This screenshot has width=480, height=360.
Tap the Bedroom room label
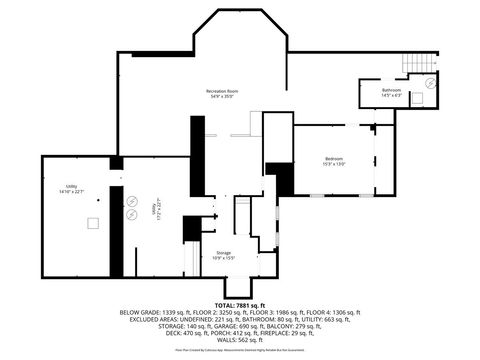tap(334, 162)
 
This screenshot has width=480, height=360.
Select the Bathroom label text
tap(391, 92)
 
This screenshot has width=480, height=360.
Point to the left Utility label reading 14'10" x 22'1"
tap(72, 190)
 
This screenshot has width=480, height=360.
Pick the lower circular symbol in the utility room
tap(130, 213)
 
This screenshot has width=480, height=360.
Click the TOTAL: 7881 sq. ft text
tap(239, 304)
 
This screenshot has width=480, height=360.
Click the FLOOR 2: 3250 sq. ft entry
tap(209, 312)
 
